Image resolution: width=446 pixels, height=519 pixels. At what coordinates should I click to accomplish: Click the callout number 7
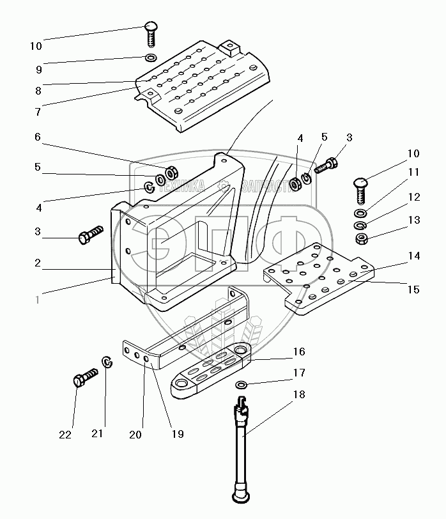(38, 111)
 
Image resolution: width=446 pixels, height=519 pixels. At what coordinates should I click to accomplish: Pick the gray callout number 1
(38, 298)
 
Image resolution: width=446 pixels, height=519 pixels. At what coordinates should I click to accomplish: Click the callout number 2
(38, 263)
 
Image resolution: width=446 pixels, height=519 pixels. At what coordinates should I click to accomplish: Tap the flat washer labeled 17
(242, 385)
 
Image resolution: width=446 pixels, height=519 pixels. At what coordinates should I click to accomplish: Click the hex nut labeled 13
(361, 239)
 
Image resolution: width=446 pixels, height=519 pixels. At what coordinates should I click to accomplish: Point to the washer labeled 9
(151, 59)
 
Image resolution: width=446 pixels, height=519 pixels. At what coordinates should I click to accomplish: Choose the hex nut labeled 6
(171, 173)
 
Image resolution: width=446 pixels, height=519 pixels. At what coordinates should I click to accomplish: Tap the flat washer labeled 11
(361, 213)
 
